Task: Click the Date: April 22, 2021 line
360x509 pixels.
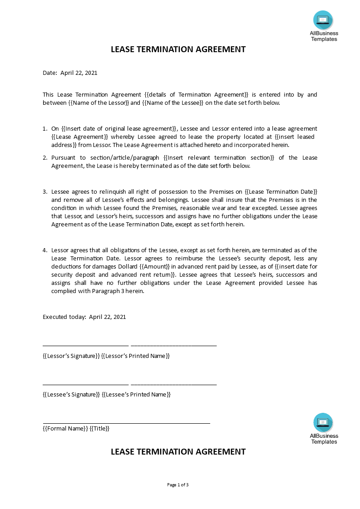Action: coord(70,73)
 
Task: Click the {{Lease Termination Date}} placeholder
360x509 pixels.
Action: coord(281,192)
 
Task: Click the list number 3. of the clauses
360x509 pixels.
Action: coord(45,192)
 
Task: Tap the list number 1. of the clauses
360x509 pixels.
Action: coord(45,129)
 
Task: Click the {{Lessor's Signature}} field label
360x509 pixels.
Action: coord(71,356)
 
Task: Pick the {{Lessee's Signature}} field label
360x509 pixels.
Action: coord(71,395)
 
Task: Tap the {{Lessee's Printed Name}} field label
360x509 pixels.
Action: coord(136,395)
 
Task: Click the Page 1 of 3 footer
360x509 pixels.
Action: coord(178,485)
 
